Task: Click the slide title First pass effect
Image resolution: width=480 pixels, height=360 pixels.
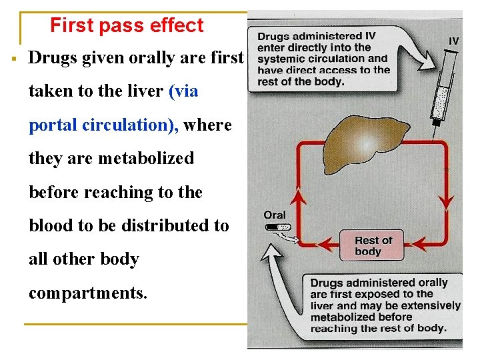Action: [x=127, y=25]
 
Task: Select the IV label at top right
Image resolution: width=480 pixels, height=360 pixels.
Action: [x=453, y=41]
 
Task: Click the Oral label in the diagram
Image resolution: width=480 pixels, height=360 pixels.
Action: [x=274, y=215]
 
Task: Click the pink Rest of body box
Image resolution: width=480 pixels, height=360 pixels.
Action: [x=373, y=245]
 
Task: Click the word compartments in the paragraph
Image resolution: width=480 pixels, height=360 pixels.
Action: [x=87, y=292]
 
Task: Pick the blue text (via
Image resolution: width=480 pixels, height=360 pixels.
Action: [x=184, y=91]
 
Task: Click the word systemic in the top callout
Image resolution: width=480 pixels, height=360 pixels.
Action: [x=279, y=59]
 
